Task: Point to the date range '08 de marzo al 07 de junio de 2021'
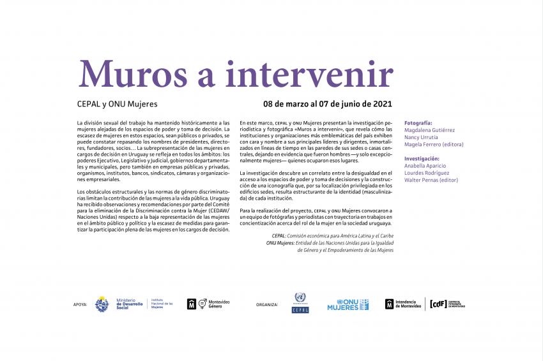point(328,103)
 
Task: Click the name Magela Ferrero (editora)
point(434,144)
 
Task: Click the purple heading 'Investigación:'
point(422,158)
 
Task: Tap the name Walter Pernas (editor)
point(432,180)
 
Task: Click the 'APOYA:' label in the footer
point(80,305)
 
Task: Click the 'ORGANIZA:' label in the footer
point(267,305)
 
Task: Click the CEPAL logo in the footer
point(300,303)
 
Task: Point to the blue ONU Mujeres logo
point(348,304)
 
